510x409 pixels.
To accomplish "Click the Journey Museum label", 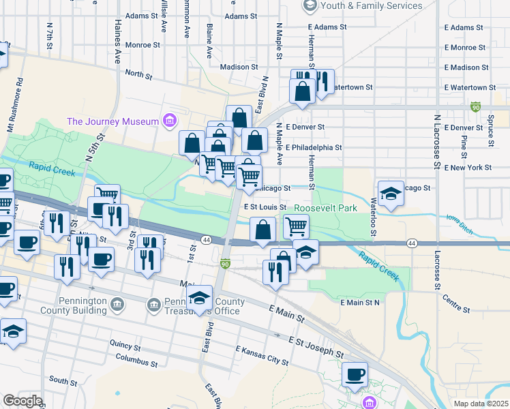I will pyautogui.click(x=112, y=121).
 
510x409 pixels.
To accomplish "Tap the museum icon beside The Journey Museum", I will pyautogui.click(x=170, y=121).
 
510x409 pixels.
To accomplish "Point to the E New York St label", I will pyautogui.click(x=467, y=167).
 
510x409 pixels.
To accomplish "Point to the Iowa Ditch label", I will pyautogui.click(x=460, y=222).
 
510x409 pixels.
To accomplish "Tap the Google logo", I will pyautogui.click(x=22, y=401).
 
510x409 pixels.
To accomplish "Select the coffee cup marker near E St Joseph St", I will pyautogui.click(x=355, y=375).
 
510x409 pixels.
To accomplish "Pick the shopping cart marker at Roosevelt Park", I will pyautogui.click(x=296, y=226).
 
